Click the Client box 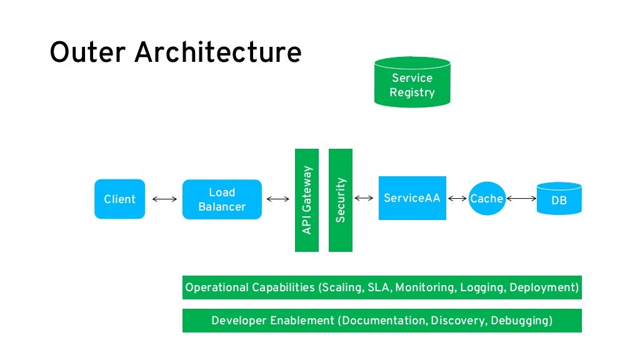point(119,199)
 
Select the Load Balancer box point(222,199)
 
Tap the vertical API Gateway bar point(307,200)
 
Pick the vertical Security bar point(341,200)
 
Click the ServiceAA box point(412,198)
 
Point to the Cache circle point(487,198)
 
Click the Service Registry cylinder point(412,82)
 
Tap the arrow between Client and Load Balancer point(164,199)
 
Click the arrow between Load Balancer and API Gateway point(278,199)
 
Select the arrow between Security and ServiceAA point(365,198)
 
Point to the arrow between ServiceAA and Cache point(457,199)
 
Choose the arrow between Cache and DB point(521,199)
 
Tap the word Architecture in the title point(218,52)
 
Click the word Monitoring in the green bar point(425,288)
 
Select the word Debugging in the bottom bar point(521,321)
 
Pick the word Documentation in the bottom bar point(382,321)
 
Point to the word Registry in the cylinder point(412,92)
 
